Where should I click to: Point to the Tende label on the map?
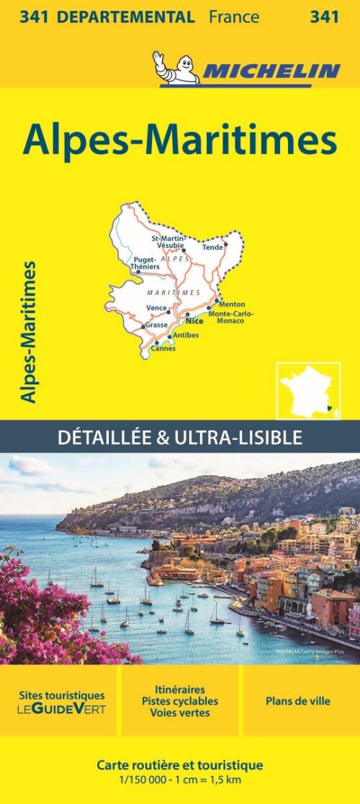click(x=212, y=248)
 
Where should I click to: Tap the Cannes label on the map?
click(x=164, y=349)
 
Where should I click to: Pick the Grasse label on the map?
click(x=156, y=325)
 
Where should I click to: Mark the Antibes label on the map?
click(x=186, y=335)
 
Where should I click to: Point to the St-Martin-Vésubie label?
click(x=167, y=240)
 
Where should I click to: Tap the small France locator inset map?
click(x=308, y=390)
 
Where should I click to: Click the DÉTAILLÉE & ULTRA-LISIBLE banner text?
click(x=180, y=436)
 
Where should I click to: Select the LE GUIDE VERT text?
click(x=61, y=709)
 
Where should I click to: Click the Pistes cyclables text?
click(x=179, y=700)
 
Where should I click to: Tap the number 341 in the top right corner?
click(x=325, y=17)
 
